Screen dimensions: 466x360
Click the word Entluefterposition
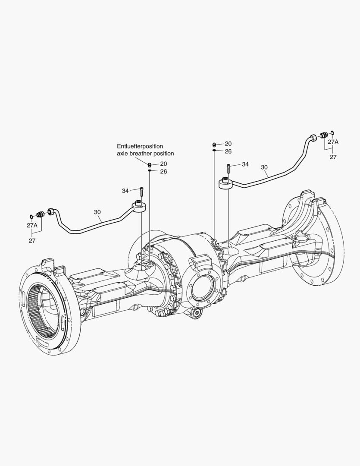pyautogui.click(x=140, y=146)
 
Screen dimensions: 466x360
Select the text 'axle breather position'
pyautogui.click(x=145, y=153)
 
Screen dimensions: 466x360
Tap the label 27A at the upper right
pyautogui.click(x=333, y=142)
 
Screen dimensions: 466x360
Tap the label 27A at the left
pyautogui.click(x=32, y=225)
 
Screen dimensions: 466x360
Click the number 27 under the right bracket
pyautogui.click(x=333, y=157)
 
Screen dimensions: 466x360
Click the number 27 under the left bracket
pyautogui.click(x=32, y=240)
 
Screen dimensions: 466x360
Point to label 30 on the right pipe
pyautogui.click(x=264, y=167)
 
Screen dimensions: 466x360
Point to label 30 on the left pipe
pyautogui.click(x=98, y=212)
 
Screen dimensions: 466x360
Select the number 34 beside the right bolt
pyautogui.click(x=245, y=164)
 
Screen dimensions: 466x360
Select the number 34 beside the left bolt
pyautogui.click(x=125, y=191)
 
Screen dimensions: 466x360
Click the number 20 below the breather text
pyautogui.click(x=163, y=164)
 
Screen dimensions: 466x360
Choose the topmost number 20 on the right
pyautogui.click(x=228, y=143)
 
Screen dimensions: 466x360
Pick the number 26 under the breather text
pyautogui.click(x=163, y=171)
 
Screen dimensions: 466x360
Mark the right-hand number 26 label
pyautogui.click(x=228, y=151)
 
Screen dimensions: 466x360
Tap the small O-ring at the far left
pyautogui.click(x=31, y=216)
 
